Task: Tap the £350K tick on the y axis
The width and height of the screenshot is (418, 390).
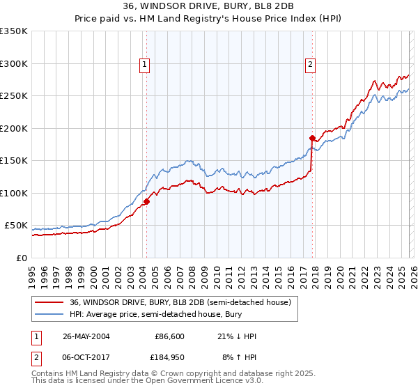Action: (x=14, y=31)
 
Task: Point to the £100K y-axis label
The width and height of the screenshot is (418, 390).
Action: (x=14, y=193)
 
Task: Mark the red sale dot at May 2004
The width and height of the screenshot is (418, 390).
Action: (x=147, y=202)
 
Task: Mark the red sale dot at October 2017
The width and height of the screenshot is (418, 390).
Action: (x=312, y=138)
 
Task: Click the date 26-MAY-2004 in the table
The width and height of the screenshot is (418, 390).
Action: (x=86, y=336)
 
